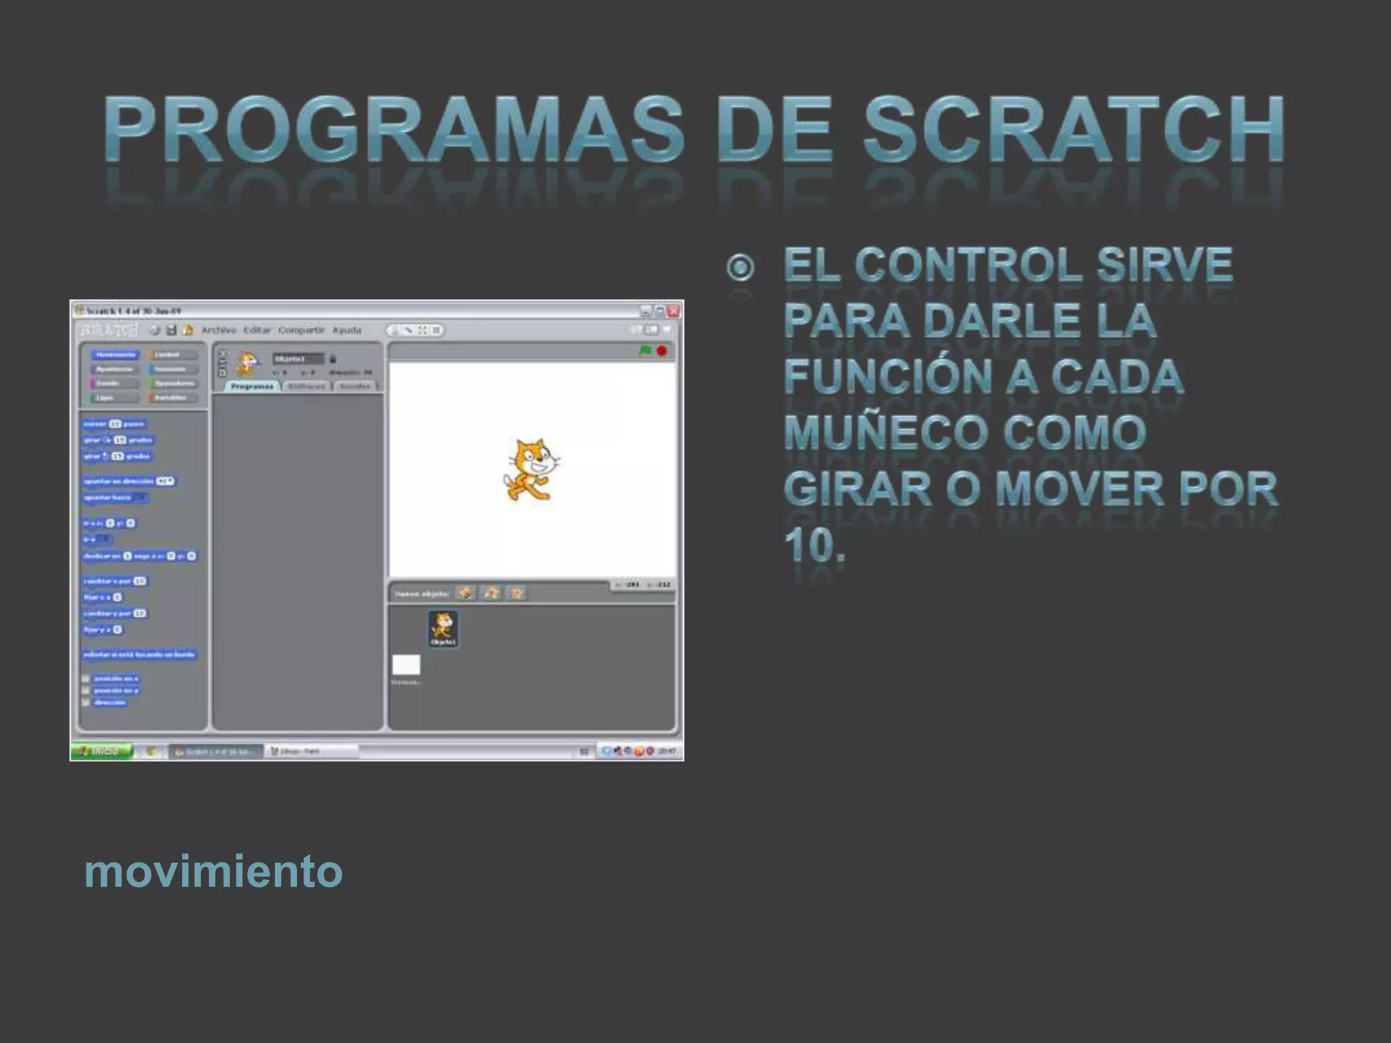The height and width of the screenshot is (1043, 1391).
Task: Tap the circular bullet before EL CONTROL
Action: [740, 267]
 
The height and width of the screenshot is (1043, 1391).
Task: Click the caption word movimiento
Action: [213, 871]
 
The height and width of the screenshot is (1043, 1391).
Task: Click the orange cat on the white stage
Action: [532, 469]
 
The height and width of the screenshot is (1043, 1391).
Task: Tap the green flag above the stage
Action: [645, 350]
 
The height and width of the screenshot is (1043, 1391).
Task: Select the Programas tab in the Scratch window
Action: [252, 386]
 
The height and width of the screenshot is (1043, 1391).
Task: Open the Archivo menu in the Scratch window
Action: [219, 330]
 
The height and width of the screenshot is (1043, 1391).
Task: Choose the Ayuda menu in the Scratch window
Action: [346, 330]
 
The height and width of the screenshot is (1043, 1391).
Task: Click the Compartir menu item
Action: [301, 330]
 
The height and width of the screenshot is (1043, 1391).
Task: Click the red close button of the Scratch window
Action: [673, 311]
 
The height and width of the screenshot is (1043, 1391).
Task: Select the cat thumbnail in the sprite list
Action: [443, 627]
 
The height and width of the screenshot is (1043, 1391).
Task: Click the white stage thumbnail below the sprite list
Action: [406, 665]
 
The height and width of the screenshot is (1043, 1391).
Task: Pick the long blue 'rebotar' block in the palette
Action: [139, 654]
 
